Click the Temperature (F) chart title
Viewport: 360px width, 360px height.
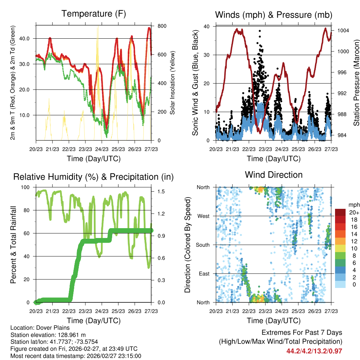(94, 14)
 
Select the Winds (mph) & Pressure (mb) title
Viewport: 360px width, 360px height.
(274, 15)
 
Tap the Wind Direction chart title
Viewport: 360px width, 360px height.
(274, 175)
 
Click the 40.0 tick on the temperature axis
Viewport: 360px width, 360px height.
(28, 38)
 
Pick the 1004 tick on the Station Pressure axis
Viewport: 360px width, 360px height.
(343, 31)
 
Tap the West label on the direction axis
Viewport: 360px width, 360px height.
(203, 216)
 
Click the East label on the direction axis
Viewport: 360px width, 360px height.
(204, 274)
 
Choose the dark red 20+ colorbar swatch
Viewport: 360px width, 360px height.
(340, 212)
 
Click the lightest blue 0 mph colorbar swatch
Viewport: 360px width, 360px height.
(340, 285)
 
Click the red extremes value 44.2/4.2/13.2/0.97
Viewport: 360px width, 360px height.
(314, 351)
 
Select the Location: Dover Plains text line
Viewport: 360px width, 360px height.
(38, 328)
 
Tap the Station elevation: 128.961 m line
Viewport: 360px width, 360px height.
(48, 335)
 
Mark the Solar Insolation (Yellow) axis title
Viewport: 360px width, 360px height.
(172, 83)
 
